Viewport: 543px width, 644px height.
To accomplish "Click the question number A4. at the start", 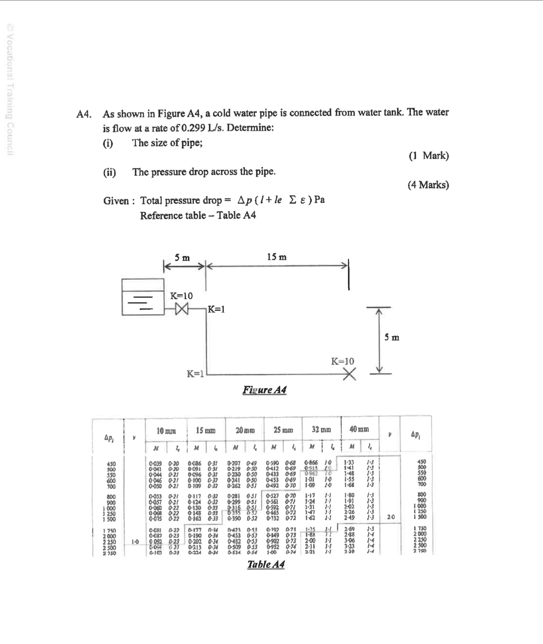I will pos(83,114).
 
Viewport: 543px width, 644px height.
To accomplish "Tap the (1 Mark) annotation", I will pos(429,156).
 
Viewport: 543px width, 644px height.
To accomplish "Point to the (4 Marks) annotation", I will pos(428,185).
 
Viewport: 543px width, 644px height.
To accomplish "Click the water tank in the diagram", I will pos(143,297).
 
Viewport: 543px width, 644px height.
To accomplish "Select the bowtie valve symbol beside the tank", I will pos(182,309).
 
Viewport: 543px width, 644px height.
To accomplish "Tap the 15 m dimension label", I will pos(277,257).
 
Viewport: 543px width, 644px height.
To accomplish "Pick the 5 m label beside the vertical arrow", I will pos(392,337).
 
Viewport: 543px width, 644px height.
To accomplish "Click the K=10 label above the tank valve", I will pos(181,296).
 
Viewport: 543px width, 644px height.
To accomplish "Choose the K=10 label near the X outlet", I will pos(342,361).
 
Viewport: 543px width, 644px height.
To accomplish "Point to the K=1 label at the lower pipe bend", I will pos(195,374).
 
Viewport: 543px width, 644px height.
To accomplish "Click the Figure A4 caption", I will pos(265,390).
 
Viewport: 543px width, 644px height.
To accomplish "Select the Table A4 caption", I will pos(266,564).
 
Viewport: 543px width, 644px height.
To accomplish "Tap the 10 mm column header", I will pos(166,431).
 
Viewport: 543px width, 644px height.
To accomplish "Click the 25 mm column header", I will pos(283,430).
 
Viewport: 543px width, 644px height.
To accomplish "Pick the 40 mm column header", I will pos(359,429).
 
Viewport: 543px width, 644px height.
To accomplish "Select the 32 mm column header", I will pos(321,430).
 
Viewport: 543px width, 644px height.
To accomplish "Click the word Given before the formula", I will pos(116,201).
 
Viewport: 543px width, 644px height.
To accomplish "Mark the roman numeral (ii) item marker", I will pos(110,172).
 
